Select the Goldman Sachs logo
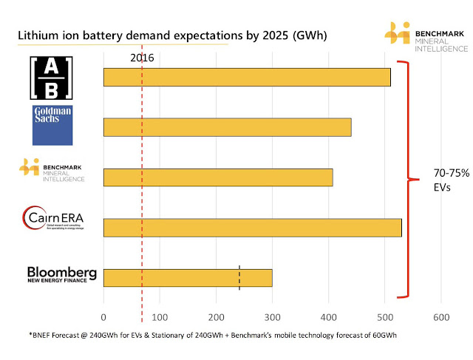coord(52,125)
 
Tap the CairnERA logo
coord(52,219)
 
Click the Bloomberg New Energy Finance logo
coord(62,275)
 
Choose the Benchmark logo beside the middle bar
coord(52,171)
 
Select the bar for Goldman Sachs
coord(227,127)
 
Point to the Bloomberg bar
coord(188,278)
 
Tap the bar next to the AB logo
coord(247,77)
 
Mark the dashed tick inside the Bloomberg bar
coord(239,277)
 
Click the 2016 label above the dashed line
coord(142,58)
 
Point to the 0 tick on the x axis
coord(103,317)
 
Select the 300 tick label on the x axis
coord(272,317)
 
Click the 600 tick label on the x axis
coord(440,317)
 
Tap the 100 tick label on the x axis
coord(160,317)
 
